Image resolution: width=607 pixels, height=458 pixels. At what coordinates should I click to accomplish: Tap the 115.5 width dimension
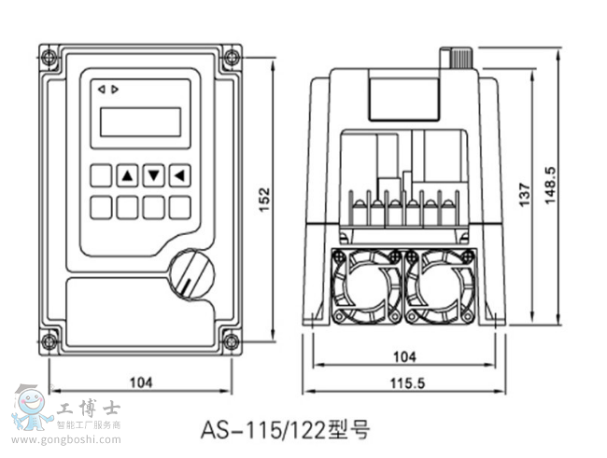click(x=403, y=383)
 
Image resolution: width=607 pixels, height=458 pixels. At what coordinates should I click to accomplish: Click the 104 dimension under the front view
click(x=141, y=382)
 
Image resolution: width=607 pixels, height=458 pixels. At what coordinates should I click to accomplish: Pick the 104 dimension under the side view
click(x=403, y=356)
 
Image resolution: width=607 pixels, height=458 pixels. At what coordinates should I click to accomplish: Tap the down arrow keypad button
click(x=153, y=174)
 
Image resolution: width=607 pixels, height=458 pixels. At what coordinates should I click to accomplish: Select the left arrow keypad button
click(x=179, y=174)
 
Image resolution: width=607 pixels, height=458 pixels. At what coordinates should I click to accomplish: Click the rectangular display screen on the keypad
click(x=140, y=121)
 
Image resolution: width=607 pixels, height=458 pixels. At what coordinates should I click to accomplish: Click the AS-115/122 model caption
click(x=285, y=430)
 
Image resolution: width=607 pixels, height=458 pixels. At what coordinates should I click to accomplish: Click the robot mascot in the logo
click(x=32, y=408)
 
